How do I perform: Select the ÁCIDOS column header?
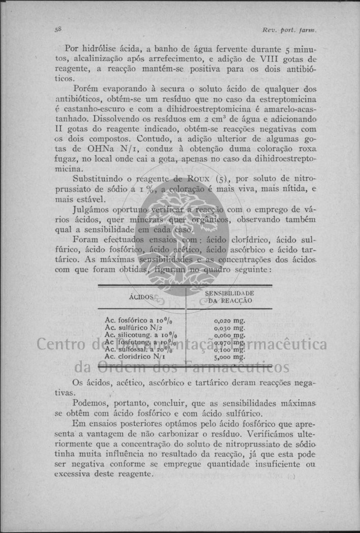tap(141, 296)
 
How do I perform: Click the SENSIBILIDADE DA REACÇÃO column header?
tap(230, 297)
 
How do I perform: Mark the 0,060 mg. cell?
tap(230, 335)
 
